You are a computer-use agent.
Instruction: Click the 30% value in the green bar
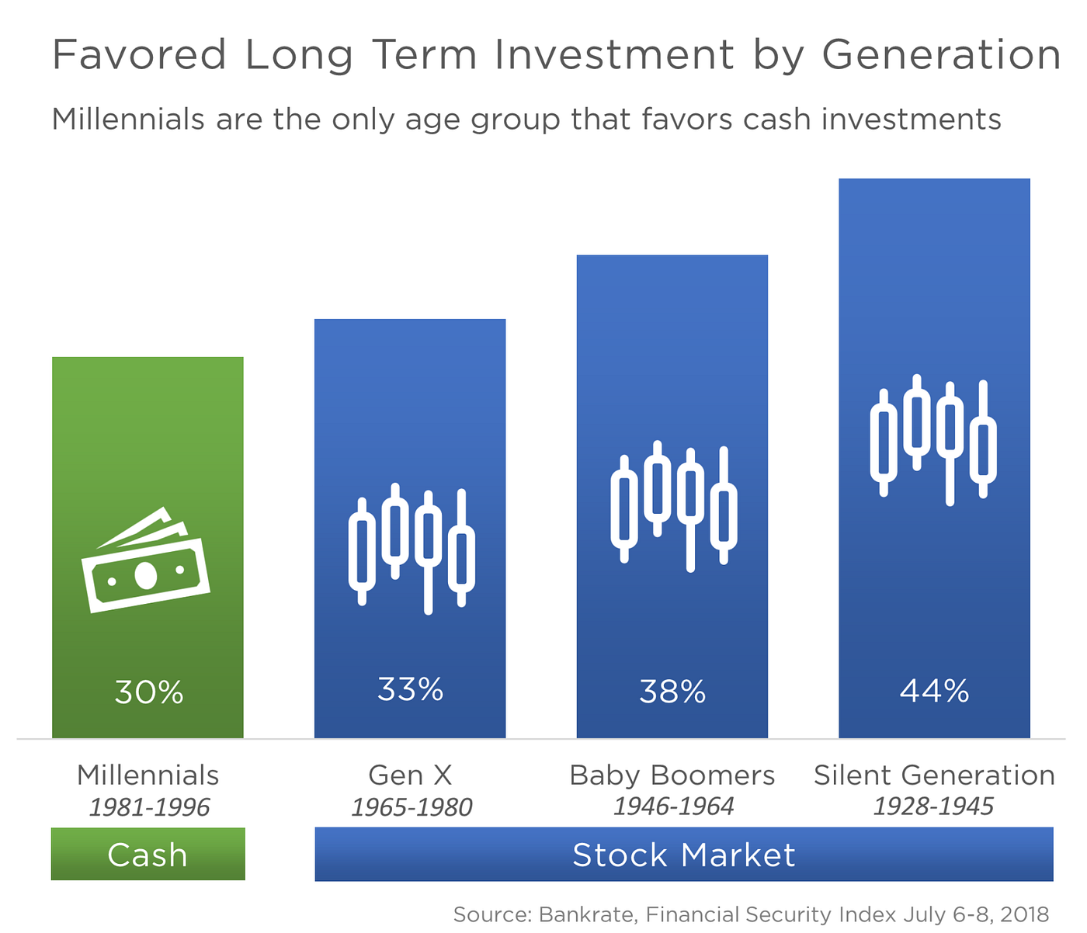coord(148,692)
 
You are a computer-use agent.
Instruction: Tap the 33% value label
coord(410,688)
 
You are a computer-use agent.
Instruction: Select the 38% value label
coord(672,691)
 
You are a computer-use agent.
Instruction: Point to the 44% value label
coord(934,690)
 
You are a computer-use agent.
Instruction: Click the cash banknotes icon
coord(145,560)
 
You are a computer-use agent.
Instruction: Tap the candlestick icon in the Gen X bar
coord(412,549)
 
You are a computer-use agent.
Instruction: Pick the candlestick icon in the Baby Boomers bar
coord(674,506)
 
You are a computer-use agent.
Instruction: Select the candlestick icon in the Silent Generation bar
coord(933,440)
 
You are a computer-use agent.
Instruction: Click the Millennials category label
coord(148,775)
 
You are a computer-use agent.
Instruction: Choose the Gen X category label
coord(410,775)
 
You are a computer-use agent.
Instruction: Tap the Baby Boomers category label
coord(672,775)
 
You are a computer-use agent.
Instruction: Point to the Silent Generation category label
coord(934,775)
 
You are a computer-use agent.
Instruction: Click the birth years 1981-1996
coord(149,807)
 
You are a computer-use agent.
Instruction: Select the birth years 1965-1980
coord(412,807)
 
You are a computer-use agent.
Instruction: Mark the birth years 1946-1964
coord(673,806)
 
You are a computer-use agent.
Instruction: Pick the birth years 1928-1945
coord(933,806)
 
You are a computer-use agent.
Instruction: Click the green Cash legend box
coord(148,854)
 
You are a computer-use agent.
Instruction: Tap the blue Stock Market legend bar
coord(683,854)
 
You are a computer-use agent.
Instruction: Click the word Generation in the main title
coord(941,55)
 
